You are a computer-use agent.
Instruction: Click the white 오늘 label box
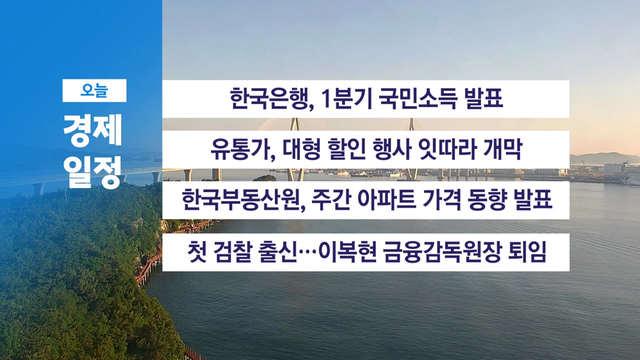pos(94,90)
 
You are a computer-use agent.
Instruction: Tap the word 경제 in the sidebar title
pos(93,130)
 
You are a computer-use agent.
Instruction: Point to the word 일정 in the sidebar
pos(92,173)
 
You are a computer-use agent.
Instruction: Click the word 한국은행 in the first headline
pos(269,98)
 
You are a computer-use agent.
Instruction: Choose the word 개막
pos(503,149)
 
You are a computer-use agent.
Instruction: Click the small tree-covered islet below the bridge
pos(264,178)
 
